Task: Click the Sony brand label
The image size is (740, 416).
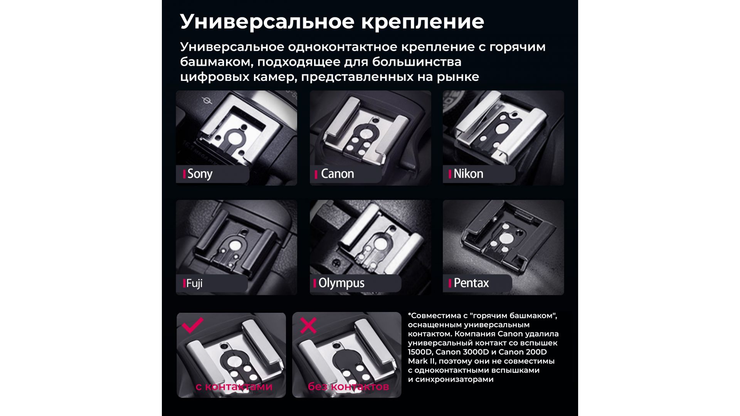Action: [200, 174]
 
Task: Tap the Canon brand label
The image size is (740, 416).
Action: [337, 174]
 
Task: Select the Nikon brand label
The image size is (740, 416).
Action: [468, 174]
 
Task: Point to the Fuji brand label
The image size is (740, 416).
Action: [194, 283]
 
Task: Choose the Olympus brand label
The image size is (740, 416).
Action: [341, 283]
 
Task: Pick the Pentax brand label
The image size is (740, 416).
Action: [471, 283]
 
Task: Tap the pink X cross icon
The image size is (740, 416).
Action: [308, 325]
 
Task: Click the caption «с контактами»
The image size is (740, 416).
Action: [234, 386]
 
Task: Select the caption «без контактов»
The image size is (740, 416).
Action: [348, 386]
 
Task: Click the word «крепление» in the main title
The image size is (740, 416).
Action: [423, 22]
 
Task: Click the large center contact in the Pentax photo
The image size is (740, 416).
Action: [504, 239]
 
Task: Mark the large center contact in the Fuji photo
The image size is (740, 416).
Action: [235, 245]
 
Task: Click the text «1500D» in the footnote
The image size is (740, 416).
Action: [419, 352]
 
